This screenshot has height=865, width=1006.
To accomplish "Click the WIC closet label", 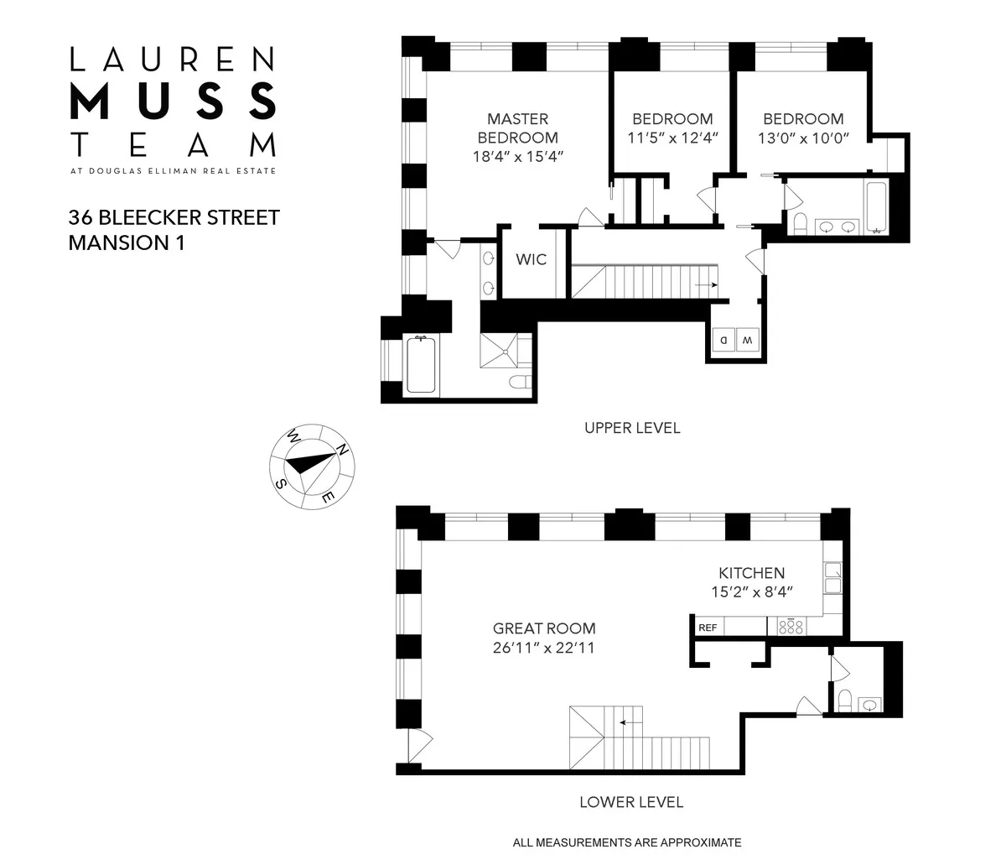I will pyautogui.click(x=532, y=259).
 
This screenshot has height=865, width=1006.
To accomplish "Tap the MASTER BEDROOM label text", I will pyautogui.click(x=517, y=128).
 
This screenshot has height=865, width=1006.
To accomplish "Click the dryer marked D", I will pyautogui.click(x=722, y=340).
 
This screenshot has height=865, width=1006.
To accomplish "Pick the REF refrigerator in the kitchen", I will pyautogui.click(x=708, y=627).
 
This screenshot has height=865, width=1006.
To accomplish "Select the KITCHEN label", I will pyautogui.click(x=751, y=573).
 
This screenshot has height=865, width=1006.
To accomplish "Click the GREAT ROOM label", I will pyautogui.click(x=544, y=628).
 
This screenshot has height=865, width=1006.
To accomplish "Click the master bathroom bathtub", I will pyautogui.click(x=421, y=365).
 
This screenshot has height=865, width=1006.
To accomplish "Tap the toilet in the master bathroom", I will pyautogui.click(x=519, y=383).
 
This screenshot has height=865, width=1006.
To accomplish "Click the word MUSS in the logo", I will pyautogui.click(x=174, y=101).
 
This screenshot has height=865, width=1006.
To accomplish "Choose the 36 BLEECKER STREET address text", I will pyautogui.click(x=174, y=218).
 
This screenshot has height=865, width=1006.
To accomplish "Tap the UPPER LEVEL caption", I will pyautogui.click(x=632, y=428).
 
